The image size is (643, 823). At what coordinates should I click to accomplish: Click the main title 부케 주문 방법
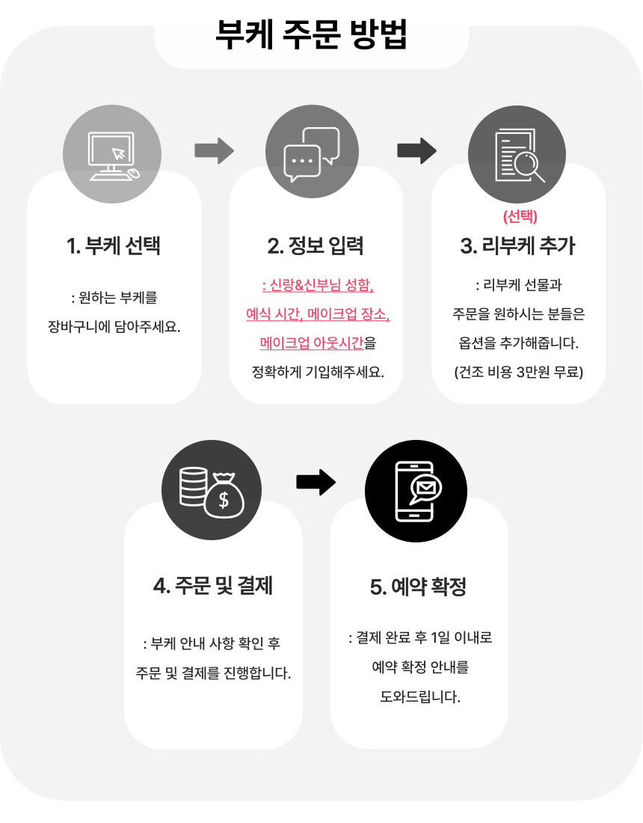pyautogui.click(x=311, y=34)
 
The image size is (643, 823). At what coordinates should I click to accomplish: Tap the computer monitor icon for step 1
pyautogui.click(x=112, y=155)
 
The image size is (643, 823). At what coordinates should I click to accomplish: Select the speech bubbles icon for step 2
pyautogui.click(x=312, y=155)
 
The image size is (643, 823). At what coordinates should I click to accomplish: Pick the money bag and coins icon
pyautogui.click(x=212, y=489)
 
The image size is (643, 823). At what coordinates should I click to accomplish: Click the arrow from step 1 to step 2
pyautogui.click(x=214, y=150)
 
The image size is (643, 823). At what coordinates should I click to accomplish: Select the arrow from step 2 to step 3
pyautogui.click(x=416, y=150)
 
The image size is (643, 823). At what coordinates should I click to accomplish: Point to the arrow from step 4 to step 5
pyautogui.click(x=316, y=482)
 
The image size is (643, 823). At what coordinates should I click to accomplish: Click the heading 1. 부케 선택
pyautogui.click(x=114, y=245)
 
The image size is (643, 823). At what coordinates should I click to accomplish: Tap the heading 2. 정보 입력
pyautogui.click(x=316, y=245)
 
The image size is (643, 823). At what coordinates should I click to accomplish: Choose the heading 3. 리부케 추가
pyautogui.click(x=518, y=245)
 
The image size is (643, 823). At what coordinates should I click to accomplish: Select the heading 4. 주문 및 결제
pyautogui.click(x=212, y=585)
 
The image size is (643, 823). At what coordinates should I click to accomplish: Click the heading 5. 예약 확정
pyautogui.click(x=418, y=587)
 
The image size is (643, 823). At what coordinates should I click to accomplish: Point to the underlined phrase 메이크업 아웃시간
pyautogui.click(x=311, y=343)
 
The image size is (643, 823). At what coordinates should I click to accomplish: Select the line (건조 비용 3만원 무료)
pyautogui.click(x=518, y=372)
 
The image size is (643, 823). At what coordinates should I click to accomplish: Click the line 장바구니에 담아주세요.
pyautogui.click(x=114, y=327)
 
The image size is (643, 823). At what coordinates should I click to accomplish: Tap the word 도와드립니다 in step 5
pyautogui.click(x=419, y=697)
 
